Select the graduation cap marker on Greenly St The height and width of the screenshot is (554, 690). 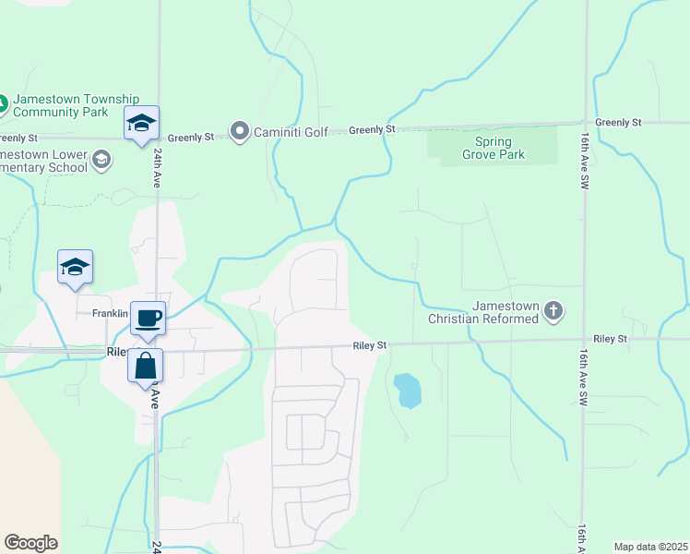(141, 124)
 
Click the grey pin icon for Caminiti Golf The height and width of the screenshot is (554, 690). (240, 131)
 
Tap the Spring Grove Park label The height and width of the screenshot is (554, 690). (499, 148)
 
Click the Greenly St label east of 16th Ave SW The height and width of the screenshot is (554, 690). (618, 122)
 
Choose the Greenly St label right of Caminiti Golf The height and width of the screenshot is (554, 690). (372, 130)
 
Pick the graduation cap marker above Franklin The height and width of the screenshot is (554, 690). (75, 268)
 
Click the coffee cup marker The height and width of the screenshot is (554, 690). (148, 319)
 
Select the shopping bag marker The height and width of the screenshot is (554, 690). (146, 366)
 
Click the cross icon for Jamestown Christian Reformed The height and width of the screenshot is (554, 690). (553, 311)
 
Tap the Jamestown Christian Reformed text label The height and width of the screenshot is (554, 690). (484, 312)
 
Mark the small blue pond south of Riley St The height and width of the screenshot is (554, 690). (407, 391)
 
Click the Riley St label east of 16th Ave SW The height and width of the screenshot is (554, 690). (610, 339)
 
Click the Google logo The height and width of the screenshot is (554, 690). (30, 543)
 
